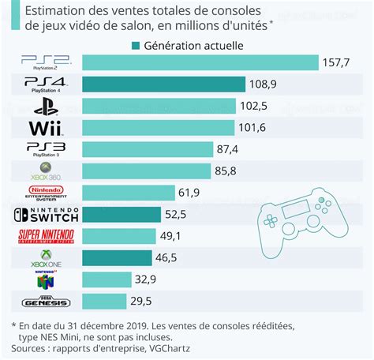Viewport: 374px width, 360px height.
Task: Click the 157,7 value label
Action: (x=341, y=62)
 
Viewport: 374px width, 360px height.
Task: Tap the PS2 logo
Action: (x=46, y=62)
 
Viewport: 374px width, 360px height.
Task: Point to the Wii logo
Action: (x=46, y=127)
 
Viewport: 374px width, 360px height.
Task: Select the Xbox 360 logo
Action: (x=46, y=171)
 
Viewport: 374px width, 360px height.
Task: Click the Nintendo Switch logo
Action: (x=46, y=214)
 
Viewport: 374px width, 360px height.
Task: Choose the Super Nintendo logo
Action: (x=46, y=236)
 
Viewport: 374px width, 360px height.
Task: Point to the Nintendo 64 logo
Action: (x=45, y=279)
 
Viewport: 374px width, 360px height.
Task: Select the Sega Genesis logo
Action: (x=46, y=301)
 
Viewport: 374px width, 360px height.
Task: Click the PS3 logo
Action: (x=46, y=149)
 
